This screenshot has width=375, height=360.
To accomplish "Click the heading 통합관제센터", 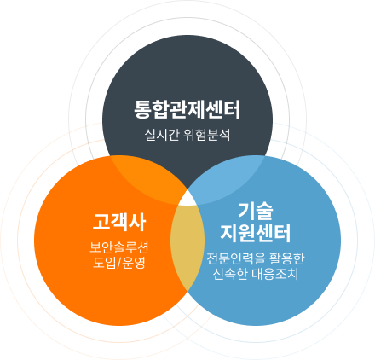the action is [x=187, y=109].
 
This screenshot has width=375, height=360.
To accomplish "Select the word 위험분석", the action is [x=207, y=135].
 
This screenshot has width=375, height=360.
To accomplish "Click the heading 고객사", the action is [x=119, y=222].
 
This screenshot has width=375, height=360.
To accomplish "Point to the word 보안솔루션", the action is [x=119, y=247].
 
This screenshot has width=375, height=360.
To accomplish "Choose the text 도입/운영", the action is [x=119, y=263].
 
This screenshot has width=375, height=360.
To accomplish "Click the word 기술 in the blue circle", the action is [x=256, y=211].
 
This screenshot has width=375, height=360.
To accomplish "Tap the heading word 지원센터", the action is [x=256, y=233].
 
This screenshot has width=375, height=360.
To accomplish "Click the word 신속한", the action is [x=230, y=274].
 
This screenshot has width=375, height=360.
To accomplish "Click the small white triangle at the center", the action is [x=187, y=200].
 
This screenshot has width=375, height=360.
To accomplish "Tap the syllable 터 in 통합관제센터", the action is [x=232, y=109].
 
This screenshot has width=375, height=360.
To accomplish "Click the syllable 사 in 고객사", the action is [x=137, y=222].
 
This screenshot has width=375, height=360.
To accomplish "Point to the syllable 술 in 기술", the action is [x=265, y=211].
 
